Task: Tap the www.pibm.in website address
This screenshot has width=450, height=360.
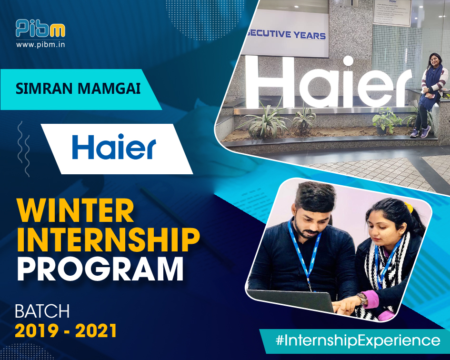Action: (40, 45)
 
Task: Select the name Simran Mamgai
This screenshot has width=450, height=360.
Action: (78, 89)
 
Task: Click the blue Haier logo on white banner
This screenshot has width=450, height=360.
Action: (114, 147)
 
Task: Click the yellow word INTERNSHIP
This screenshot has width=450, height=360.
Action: (108, 240)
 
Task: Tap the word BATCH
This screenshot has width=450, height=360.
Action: (42, 312)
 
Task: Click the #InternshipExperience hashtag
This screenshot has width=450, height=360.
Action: (358, 341)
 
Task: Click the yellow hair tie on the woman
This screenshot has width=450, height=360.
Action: (408, 206)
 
